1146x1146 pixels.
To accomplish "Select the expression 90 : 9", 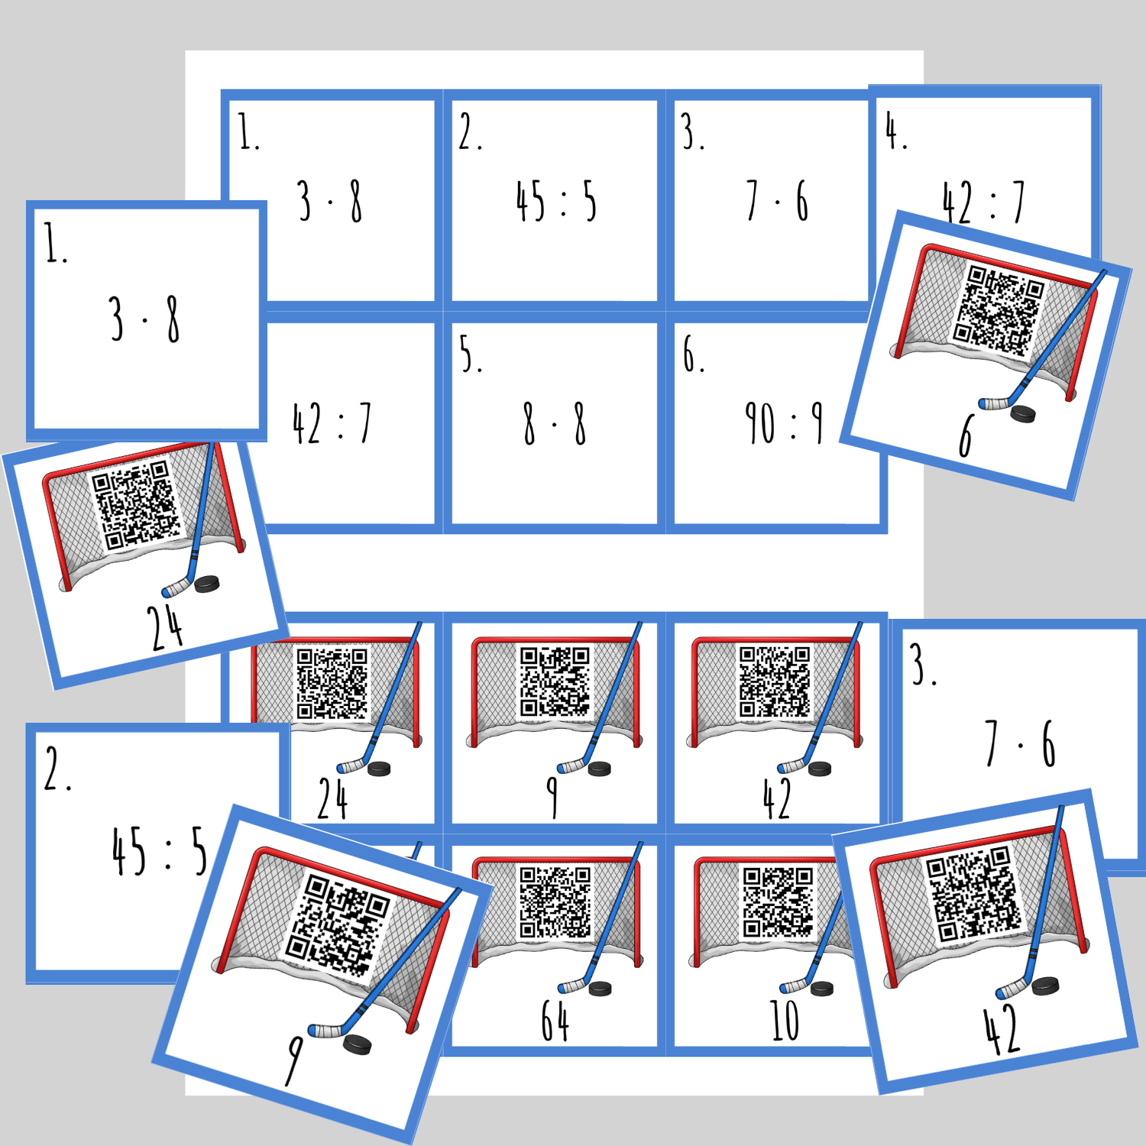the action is (784, 424).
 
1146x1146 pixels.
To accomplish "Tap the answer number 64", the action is (555, 1021).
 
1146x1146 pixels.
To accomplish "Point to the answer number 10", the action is (784, 1021).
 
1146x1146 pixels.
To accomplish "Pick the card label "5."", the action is (471, 355).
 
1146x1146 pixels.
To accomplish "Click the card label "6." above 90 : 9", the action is (694, 355).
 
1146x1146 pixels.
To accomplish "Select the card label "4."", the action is (896, 131).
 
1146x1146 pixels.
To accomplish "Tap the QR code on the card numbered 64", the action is (555, 902).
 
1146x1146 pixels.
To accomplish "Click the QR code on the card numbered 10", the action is (779, 902).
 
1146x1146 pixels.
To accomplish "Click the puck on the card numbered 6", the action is (1023, 414).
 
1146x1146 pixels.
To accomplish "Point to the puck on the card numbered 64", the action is (601, 989).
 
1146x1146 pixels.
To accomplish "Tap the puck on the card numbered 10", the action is (822, 989).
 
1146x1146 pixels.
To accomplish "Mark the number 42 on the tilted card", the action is (1002, 1031).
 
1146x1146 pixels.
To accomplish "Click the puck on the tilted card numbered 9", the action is (357, 1044).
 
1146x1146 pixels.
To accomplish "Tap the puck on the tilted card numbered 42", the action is (1045, 986).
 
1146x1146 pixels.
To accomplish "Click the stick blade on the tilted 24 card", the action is (176, 588).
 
